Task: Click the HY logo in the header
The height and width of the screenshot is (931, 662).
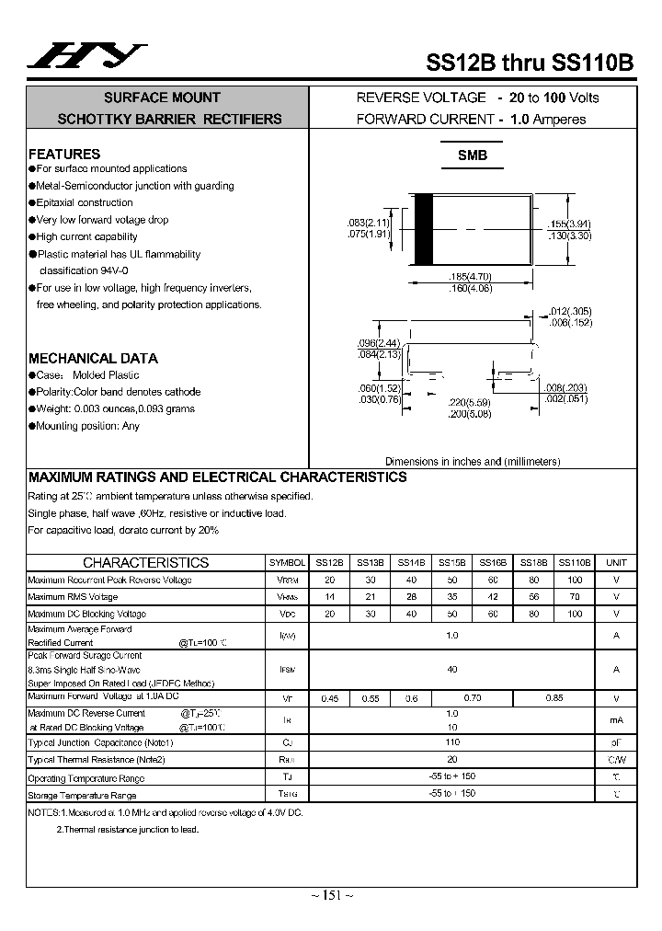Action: coord(86,56)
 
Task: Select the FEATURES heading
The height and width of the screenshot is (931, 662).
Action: coord(64,154)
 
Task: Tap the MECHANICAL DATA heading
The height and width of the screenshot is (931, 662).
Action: coord(93,358)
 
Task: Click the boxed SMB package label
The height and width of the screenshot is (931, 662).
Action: coord(473,155)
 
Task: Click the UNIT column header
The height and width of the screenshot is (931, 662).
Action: coord(616,562)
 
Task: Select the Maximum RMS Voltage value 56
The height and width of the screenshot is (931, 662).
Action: coord(533,597)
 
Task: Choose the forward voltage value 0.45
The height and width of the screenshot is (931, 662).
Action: coord(329,698)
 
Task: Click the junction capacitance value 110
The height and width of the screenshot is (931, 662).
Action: coord(451,742)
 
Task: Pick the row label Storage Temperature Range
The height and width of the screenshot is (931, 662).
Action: coord(82,795)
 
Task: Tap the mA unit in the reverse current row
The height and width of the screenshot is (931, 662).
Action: coord(616,720)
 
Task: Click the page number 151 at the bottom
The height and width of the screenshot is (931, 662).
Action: coord(329,895)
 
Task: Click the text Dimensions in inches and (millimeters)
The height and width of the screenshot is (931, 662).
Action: coord(472,462)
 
